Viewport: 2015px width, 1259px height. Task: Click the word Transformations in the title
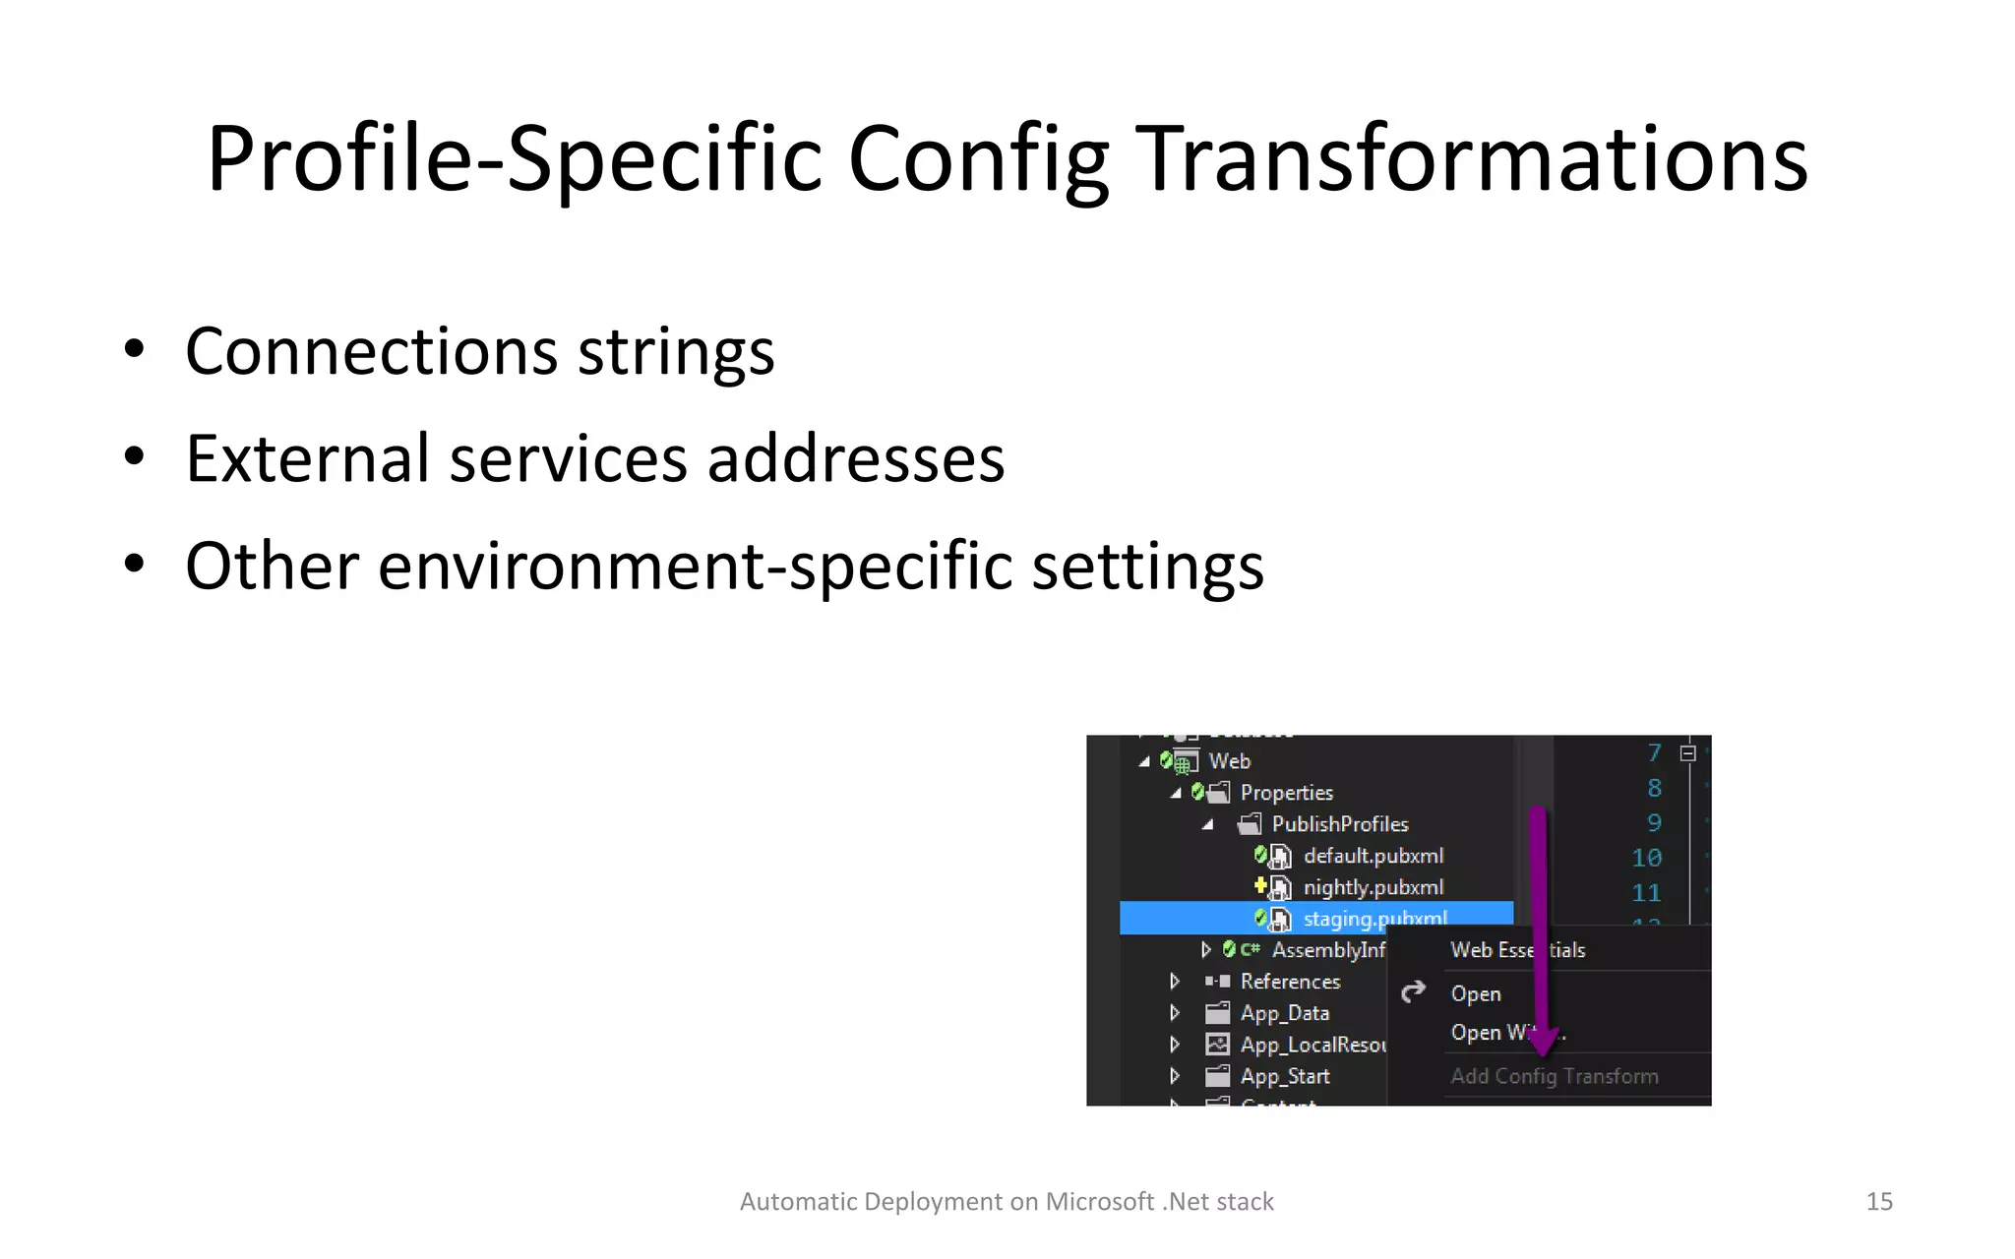(x=1474, y=159)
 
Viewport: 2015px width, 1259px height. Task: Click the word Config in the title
(x=977, y=159)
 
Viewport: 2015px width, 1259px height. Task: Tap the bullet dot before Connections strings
(x=135, y=350)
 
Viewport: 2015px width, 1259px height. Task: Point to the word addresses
(x=856, y=458)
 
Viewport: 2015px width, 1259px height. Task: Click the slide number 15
(x=1878, y=1201)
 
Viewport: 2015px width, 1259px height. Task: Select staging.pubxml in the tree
(x=1374, y=919)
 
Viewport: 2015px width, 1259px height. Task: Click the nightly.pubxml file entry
(x=1373, y=887)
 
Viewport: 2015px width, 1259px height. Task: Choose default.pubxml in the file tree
(x=1373, y=856)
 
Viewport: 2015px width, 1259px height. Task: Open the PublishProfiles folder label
(x=1339, y=824)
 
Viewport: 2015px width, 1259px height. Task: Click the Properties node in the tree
(x=1286, y=793)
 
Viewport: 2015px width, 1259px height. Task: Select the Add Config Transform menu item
(x=1554, y=1076)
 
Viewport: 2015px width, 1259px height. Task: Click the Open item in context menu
(x=1475, y=993)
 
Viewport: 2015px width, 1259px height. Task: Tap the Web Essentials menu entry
(x=1517, y=950)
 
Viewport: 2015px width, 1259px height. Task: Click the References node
(x=1289, y=982)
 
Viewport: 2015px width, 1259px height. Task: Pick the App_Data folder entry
(x=1284, y=1013)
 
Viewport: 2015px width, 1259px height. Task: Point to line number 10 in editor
(x=1645, y=858)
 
